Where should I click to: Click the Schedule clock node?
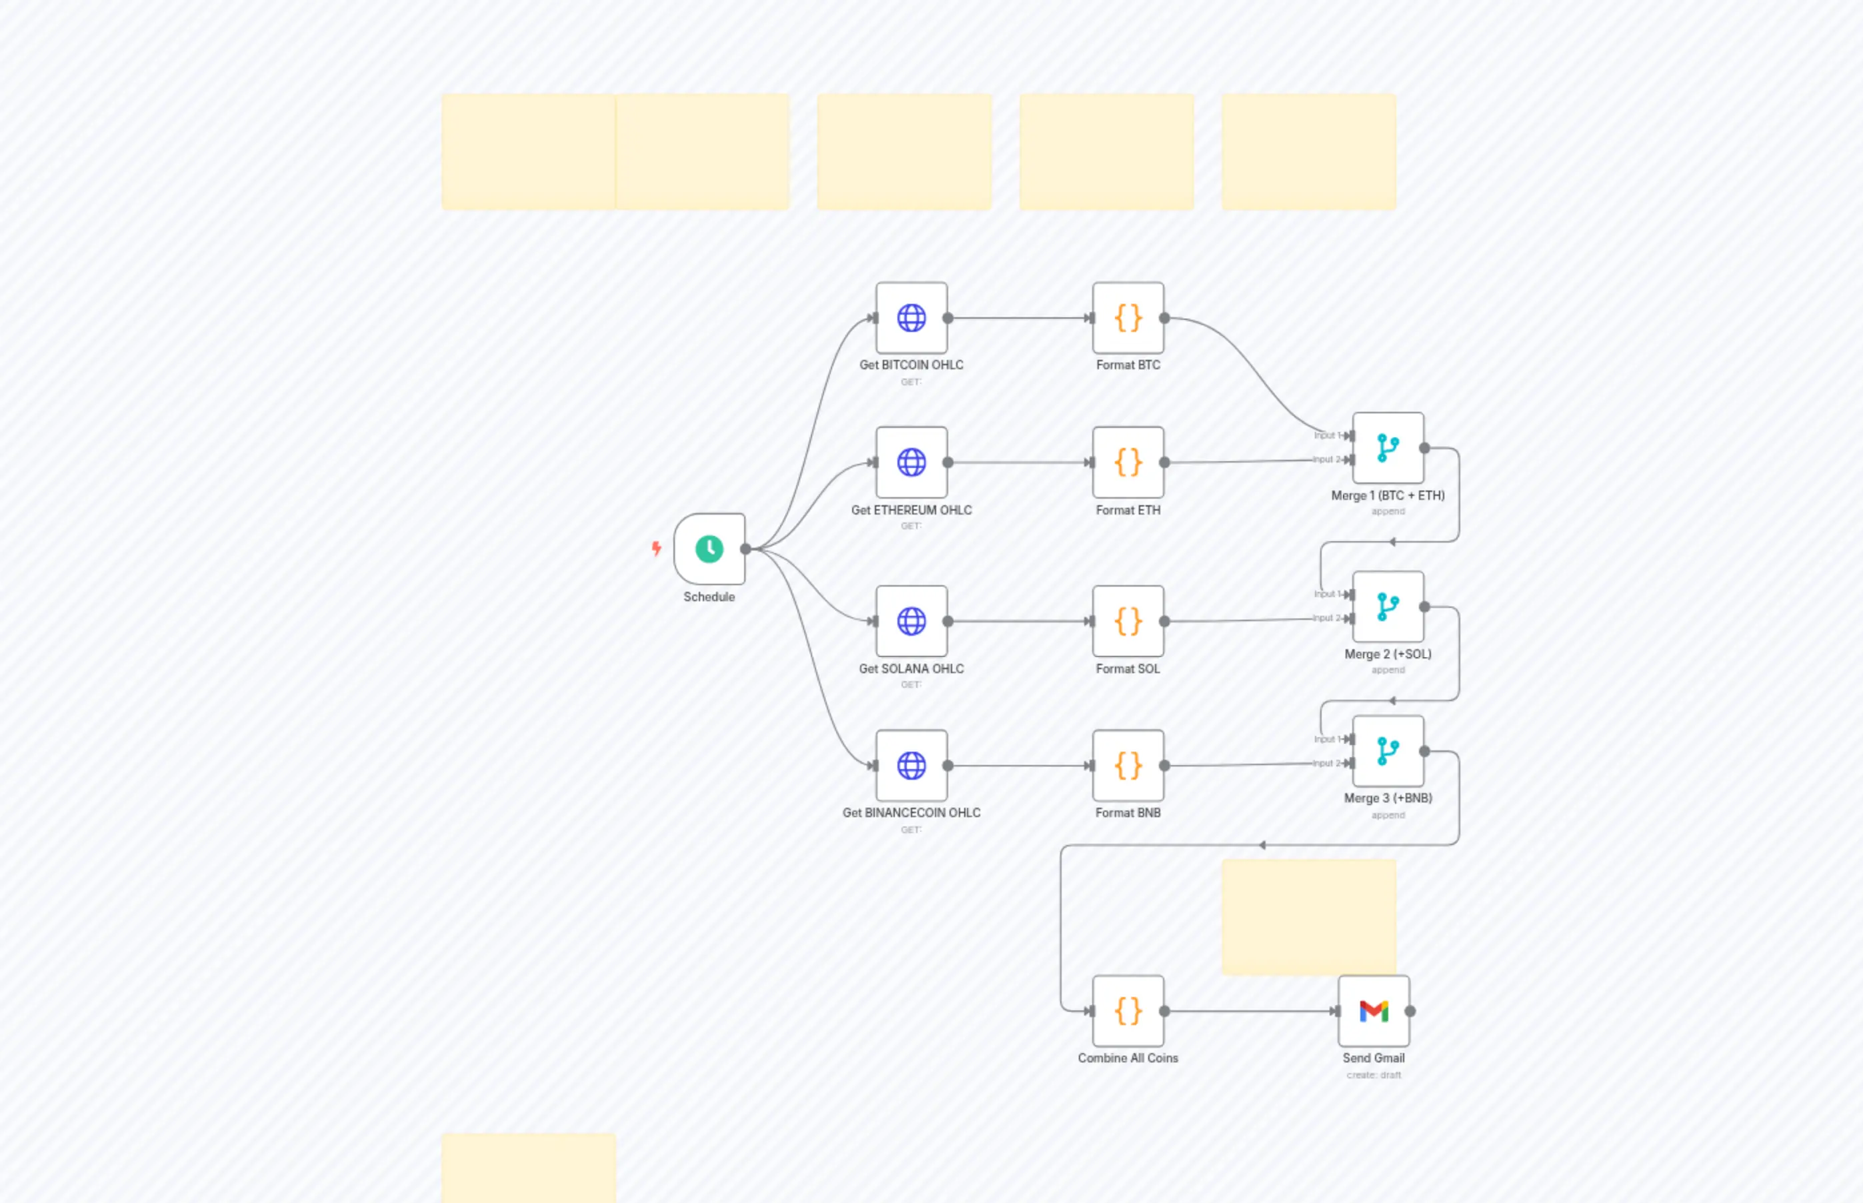point(709,549)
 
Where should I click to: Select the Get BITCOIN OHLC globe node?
point(911,318)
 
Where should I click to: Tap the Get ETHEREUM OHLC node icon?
point(911,463)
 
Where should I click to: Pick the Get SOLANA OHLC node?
point(911,621)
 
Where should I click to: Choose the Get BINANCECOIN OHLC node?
point(911,766)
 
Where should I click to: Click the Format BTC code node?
point(1128,318)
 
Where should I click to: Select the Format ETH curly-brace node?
point(1128,463)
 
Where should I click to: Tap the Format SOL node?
point(1128,621)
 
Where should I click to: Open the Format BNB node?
point(1128,766)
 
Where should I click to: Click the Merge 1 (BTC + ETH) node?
point(1388,449)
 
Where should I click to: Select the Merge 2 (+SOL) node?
point(1388,607)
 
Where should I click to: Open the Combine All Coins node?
point(1128,1011)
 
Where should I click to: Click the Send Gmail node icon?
point(1373,1011)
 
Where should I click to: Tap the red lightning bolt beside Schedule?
point(656,549)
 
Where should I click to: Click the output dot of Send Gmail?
point(1410,1011)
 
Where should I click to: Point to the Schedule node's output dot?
point(745,549)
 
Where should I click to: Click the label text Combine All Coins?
point(1128,1058)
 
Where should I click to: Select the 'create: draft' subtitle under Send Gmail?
point(1373,1075)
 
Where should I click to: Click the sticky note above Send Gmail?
point(1309,916)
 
